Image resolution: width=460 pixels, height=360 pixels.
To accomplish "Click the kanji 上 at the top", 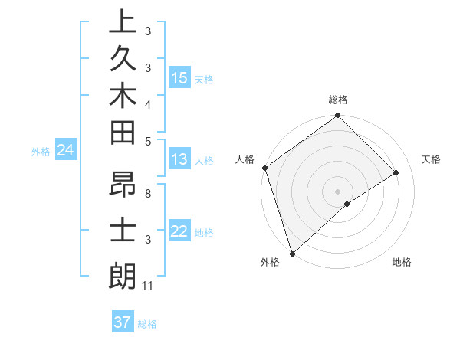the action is (x=123, y=22).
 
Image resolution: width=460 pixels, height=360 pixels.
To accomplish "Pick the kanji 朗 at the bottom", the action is (x=123, y=276).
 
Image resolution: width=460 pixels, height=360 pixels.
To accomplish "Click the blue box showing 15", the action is (x=179, y=78).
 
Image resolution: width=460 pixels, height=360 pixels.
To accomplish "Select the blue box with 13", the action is (x=179, y=160).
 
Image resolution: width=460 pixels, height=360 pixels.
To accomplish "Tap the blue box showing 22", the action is (x=179, y=231).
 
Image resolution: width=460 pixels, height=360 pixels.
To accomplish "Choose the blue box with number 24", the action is (x=66, y=151).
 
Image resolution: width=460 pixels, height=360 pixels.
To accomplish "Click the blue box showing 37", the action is (x=123, y=322).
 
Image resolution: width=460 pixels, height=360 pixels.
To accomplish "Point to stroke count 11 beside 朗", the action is (x=149, y=286).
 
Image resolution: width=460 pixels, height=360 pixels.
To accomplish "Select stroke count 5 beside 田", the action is (x=147, y=140).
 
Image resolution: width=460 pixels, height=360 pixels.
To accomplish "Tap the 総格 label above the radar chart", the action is (x=338, y=100).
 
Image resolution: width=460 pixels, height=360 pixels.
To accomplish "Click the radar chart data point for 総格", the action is (x=338, y=116).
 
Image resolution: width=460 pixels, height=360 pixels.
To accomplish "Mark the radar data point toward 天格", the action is (x=396, y=173).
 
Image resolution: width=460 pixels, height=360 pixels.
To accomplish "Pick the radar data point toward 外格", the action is (x=292, y=252).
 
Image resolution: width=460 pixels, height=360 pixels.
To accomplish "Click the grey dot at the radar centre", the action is (x=338, y=191).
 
